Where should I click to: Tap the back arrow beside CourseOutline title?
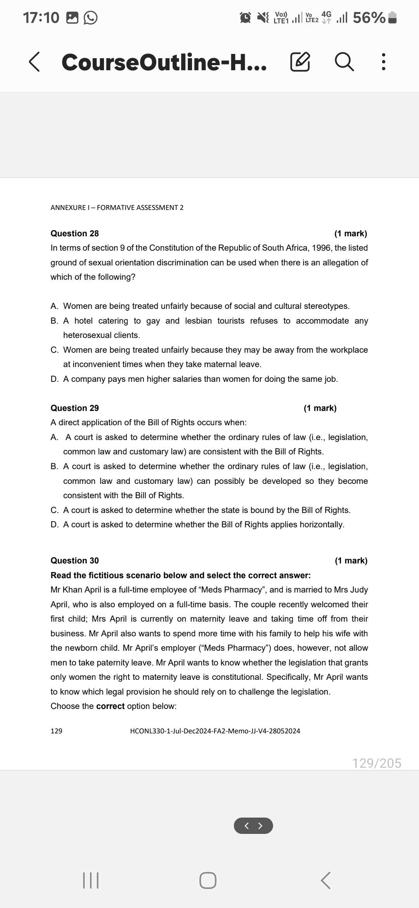click(34, 62)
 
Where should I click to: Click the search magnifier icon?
click(344, 62)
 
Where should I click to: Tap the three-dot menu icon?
click(383, 62)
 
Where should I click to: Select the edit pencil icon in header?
click(300, 62)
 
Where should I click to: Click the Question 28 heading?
click(74, 234)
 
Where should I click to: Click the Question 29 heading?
click(74, 408)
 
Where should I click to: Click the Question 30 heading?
click(74, 561)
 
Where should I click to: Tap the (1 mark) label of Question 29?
click(320, 408)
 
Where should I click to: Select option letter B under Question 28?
click(54, 321)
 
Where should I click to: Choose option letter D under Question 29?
click(54, 525)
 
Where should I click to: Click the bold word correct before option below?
click(110, 706)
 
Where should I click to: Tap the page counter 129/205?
click(376, 763)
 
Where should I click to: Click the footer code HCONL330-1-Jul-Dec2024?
click(215, 731)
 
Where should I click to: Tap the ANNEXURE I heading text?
click(117, 208)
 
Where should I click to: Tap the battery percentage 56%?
click(369, 17)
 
